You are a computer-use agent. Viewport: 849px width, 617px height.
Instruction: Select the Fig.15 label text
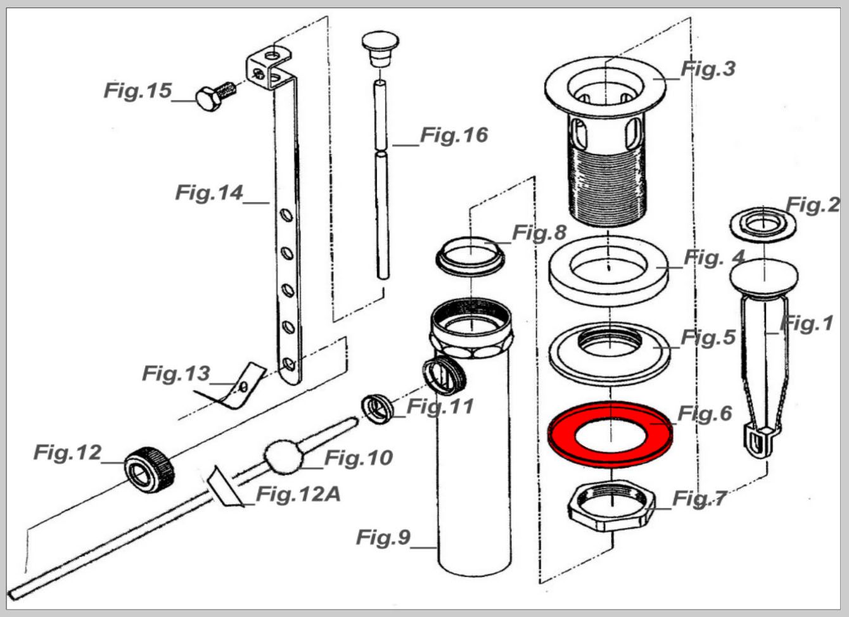137,91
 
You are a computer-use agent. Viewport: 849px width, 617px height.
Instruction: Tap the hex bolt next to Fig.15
215,97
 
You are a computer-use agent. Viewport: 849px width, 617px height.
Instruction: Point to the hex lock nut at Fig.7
611,507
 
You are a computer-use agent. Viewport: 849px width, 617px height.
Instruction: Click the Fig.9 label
383,537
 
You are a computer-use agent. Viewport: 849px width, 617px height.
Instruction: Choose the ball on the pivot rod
283,456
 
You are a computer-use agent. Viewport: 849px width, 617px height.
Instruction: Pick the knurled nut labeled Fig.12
150,470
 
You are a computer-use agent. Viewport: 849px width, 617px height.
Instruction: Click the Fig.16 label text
454,136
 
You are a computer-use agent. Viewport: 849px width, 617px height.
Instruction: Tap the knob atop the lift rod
380,49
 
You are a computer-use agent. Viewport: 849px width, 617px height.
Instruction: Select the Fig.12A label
298,495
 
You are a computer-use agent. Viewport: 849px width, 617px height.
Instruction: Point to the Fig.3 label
708,69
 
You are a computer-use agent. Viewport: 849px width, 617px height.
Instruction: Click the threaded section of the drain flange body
608,186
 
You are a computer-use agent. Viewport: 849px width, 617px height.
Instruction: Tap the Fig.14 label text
209,193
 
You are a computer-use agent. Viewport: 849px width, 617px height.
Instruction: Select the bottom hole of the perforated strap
289,364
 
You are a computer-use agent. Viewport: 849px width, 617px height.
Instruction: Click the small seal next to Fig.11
377,409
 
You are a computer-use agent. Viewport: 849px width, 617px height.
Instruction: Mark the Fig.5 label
708,337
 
